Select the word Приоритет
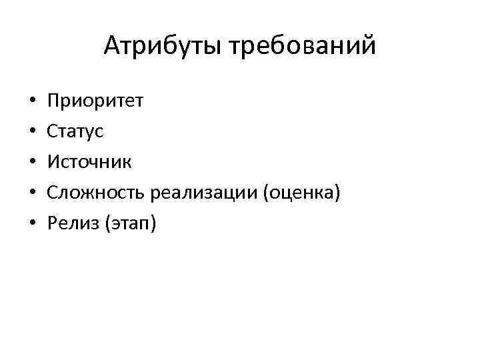pyautogui.click(x=94, y=101)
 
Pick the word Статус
pyautogui.click(x=75, y=131)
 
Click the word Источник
pyautogui.click(x=89, y=161)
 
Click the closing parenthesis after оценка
pyautogui.click(x=338, y=193)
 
